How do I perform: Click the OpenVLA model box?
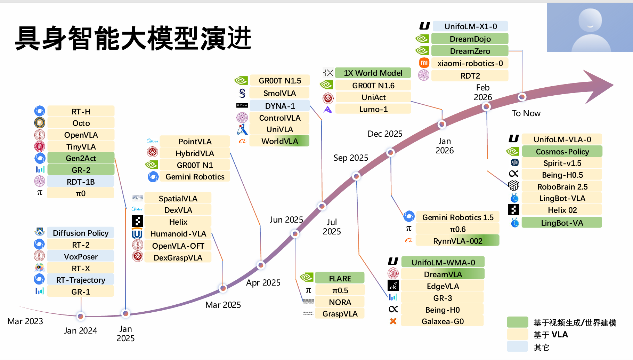pyautogui.click(x=81, y=135)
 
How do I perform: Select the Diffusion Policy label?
pyautogui.click(x=81, y=233)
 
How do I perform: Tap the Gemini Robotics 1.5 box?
pyautogui.click(x=457, y=217)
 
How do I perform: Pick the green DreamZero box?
pyautogui.click(x=470, y=51)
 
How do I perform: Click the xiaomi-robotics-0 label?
pyautogui.click(x=470, y=63)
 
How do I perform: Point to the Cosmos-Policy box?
pyautogui.click(x=562, y=152)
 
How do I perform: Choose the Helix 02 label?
pyautogui.click(x=562, y=210)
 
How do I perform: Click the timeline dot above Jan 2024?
pyautogui.click(x=81, y=316)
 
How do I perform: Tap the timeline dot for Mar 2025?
pyautogui.click(x=223, y=288)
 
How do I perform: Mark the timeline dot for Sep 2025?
pyautogui.click(x=356, y=176)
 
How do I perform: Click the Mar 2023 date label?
pyautogui.click(x=25, y=321)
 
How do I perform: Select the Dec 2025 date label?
pyautogui.click(x=385, y=134)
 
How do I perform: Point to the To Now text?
pyautogui.click(x=526, y=113)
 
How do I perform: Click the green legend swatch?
pyautogui.click(x=517, y=322)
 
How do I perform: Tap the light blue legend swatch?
pyautogui.click(x=517, y=346)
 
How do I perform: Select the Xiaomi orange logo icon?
pyautogui.click(x=424, y=63)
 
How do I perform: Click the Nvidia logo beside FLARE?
pyautogui.click(x=307, y=277)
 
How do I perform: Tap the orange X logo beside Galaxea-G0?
pyautogui.click(x=393, y=321)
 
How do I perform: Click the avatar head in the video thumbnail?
pyautogui.click(x=590, y=20)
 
